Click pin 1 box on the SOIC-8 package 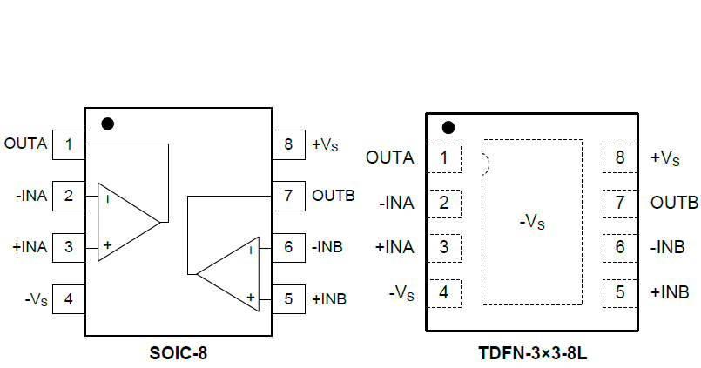tap(69, 144)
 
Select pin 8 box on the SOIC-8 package tap(287, 144)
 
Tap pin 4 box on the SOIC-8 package tap(69, 299)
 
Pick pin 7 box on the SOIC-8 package tap(287, 195)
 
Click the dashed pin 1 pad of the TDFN tap(445, 158)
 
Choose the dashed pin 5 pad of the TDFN tap(620, 291)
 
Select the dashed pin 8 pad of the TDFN tap(620, 158)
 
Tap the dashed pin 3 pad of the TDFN tap(445, 247)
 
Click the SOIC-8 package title tap(179, 353)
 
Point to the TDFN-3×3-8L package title tap(532, 353)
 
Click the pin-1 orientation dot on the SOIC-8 tap(108, 124)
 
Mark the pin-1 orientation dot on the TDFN tap(448, 128)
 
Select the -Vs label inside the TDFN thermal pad tap(531, 222)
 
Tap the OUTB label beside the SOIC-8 tap(334, 195)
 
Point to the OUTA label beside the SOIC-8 tap(25, 144)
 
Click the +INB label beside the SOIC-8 tap(329, 299)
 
